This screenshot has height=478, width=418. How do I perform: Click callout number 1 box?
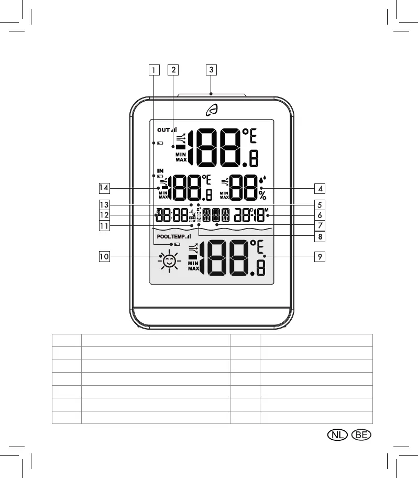(x=153, y=69)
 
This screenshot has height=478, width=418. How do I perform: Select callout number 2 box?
(x=173, y=69)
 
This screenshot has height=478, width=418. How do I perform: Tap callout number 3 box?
(x=211, y=69)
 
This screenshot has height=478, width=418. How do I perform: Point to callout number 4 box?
(x=319, y=188)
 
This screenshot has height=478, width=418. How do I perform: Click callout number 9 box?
(x=319, y=256)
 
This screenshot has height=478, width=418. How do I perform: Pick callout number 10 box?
(x=104, y=256)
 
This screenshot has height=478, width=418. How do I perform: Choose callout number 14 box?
(x=104, y=187)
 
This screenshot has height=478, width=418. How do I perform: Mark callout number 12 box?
(x=104, y=215)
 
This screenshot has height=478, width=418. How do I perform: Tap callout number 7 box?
(x=319, y=226)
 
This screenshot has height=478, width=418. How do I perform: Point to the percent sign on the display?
(x=262, y=195)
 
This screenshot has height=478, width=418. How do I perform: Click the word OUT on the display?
(x=162, y=129)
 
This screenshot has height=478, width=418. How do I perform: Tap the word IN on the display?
(x=160, y=171)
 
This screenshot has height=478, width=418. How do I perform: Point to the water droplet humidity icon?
(x=262, y=180)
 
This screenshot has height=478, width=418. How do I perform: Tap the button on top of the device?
(x=212, y=96)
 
